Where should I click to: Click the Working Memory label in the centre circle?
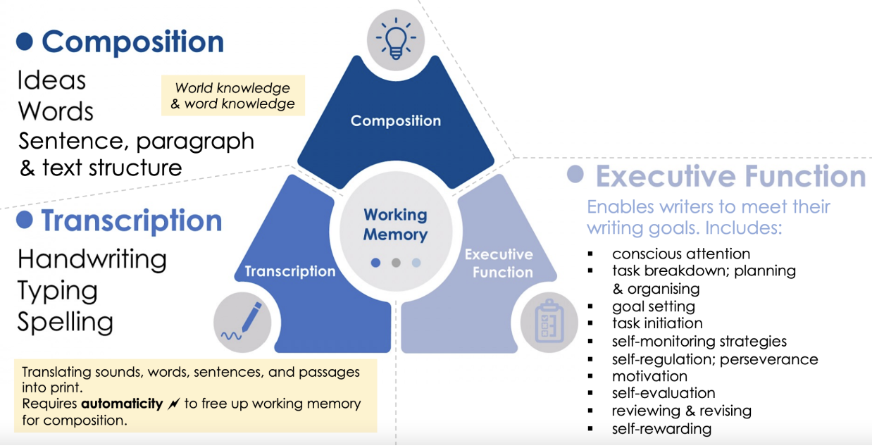coord(395,225)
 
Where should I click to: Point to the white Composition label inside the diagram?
coord(396,121)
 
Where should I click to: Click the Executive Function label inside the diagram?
coord(499,263)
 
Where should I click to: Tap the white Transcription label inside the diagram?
coord(289,271)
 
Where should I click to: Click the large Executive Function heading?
coord(730,176)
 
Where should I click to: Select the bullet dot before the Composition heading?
coord(25,42)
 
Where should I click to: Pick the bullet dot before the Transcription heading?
coord(25,220)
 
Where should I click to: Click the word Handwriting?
coord(92,259)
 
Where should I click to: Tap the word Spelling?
coord(66,322)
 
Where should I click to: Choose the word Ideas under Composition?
coord(51,80)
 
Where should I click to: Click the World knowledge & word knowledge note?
coord(232,96)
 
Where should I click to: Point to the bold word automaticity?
coord(122,404)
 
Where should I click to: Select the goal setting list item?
coord(653,306)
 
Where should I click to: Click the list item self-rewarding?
coord(661,428)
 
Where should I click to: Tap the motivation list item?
coord(649,376)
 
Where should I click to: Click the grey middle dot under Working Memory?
coord(396,263)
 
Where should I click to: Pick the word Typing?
coord(57,290)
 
